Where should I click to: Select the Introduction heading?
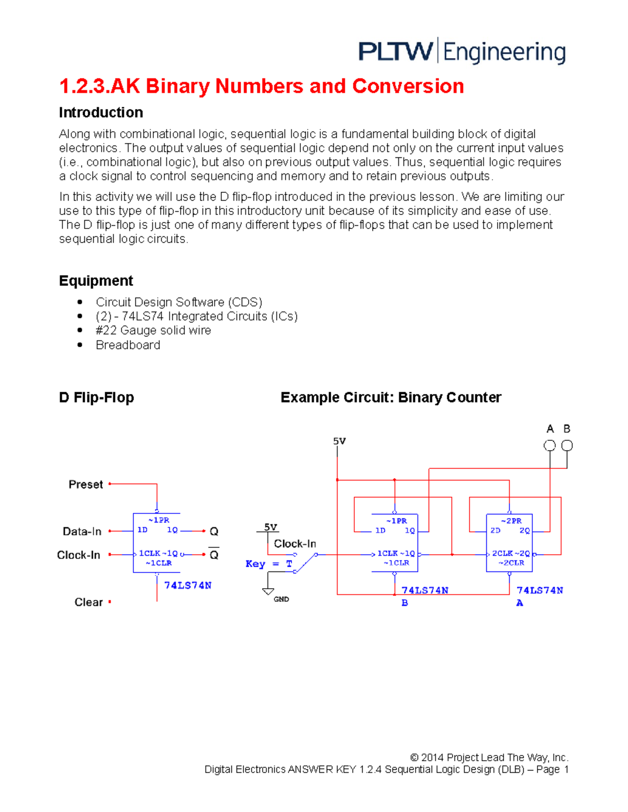click(101, 112)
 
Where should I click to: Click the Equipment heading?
click(96, 281)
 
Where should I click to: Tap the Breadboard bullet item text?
click(128, 345)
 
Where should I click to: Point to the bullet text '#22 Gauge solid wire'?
click(153, 330)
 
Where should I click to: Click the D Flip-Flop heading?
click(97, 397)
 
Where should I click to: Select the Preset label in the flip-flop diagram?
click(86, 485)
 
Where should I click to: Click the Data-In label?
click(82, 531)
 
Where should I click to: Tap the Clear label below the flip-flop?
click(88, 602)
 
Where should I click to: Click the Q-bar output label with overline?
click(214, 554)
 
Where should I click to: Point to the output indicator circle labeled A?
click(549, 446)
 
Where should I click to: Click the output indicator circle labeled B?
click(567, 446)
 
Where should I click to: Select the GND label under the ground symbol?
click(281, 599)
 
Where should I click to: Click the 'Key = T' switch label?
click(269, 564)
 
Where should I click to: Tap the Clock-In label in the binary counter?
click(295, 544)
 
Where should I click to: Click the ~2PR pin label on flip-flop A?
click(511, 521)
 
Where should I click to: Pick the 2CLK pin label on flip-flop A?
click(502, 553)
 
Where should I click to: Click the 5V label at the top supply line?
click(339, 441)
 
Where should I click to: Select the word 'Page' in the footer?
click(548, 770)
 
